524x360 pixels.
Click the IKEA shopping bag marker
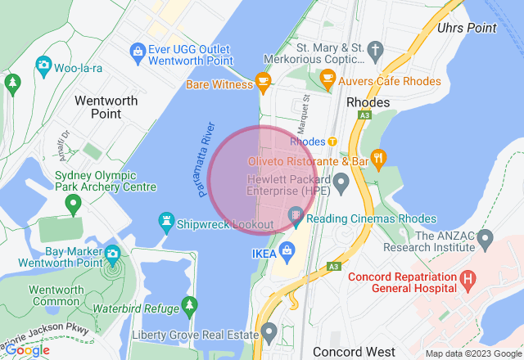point(286,249)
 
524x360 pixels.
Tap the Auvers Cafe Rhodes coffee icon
point(327,79)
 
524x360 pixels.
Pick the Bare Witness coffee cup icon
point(263,80)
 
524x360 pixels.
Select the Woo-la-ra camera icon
point(43,65)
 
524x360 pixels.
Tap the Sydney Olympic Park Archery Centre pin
point(73,201)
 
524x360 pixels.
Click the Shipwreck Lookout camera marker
point(166,221)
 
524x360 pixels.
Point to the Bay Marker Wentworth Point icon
point(112,254)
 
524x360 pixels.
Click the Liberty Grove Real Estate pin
point(269,332)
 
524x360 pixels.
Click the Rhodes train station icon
point(333,142)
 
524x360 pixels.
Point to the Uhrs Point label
point(468,28)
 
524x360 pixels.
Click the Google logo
point(27,349)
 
